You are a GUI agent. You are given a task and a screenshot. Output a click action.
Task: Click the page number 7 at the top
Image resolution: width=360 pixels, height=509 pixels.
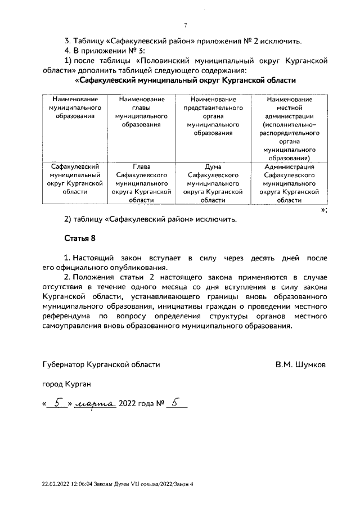coord(185,24)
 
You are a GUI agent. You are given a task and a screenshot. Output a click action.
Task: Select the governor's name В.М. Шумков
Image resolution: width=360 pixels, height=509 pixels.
coord(300,364)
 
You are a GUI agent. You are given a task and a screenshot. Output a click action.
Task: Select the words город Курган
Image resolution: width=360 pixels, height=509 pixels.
coord(66,384)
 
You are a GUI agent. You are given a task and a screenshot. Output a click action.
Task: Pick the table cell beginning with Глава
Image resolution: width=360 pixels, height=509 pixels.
coord(142,183)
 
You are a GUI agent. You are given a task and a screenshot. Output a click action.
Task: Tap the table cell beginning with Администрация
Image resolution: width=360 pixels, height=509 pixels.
coord(289,183)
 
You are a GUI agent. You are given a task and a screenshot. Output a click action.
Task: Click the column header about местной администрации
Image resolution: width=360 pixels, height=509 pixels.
coord(289,129)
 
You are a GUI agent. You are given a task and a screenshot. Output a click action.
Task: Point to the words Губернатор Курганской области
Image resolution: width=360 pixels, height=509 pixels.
coord(101,364)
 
